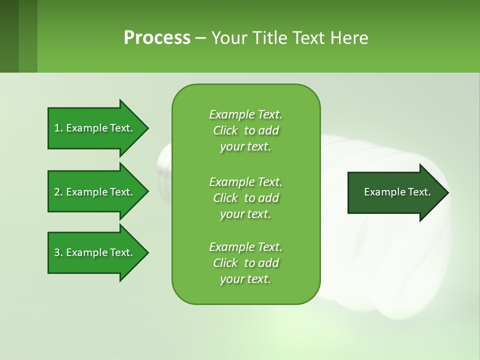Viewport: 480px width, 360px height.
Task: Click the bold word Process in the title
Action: coord(157,37)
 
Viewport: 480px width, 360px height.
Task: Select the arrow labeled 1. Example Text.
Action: coord(95,128)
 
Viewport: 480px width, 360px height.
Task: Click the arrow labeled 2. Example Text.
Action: coord(95,192)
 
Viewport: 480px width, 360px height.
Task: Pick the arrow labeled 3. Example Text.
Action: coord(95,252)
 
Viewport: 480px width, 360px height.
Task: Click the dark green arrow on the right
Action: coord(395,192)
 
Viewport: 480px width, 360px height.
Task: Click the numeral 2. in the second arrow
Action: coord(58,192)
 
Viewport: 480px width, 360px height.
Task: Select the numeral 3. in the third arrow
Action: coord(58,252)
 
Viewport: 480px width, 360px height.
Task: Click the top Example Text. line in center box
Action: coord(245,114)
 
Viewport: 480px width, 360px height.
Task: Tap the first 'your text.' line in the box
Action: coord(245,146)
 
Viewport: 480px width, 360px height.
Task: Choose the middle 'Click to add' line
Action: coord(245,198)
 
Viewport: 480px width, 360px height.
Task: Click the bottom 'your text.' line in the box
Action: coord(245,279)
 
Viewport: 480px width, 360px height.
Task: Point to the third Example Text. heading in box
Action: coord(245,247)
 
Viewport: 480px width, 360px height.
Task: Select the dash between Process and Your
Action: coord(201,38)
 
